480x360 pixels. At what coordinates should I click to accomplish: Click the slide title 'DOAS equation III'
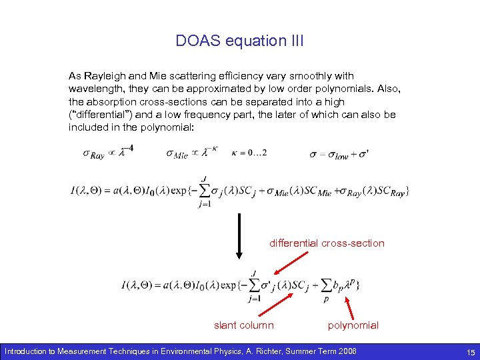239,41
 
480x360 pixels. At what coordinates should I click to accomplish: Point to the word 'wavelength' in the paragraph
94,89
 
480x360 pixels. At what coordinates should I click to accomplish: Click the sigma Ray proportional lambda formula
108,152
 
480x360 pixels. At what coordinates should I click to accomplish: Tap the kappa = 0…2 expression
249,152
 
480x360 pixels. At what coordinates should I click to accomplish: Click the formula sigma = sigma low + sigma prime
339,153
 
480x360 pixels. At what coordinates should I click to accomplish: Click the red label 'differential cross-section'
327,243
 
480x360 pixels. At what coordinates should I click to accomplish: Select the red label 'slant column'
243,325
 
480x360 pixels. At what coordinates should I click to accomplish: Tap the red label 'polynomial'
353,325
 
